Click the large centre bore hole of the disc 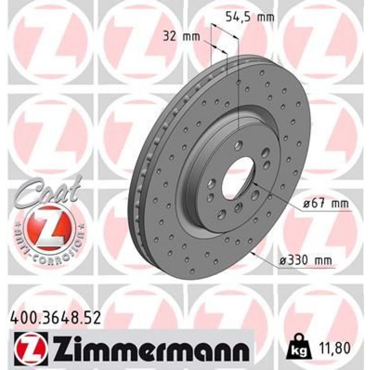(238, 172)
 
